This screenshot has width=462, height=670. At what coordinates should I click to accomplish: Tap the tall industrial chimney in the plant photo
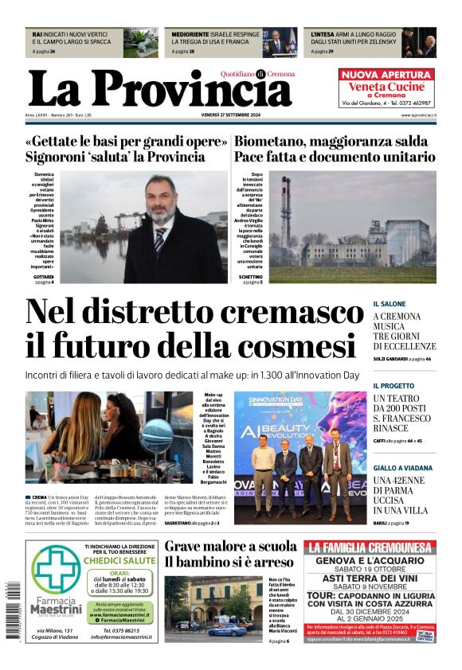[x=285, y=212]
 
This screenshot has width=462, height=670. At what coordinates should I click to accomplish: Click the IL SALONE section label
[x=390, y=304]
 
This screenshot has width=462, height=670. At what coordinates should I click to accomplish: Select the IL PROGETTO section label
[x=394, y=386]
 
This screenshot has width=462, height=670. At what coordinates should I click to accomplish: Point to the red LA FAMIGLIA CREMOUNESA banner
[x=369, y=547]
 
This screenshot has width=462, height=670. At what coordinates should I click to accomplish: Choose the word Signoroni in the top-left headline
[x=61, y=157]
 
